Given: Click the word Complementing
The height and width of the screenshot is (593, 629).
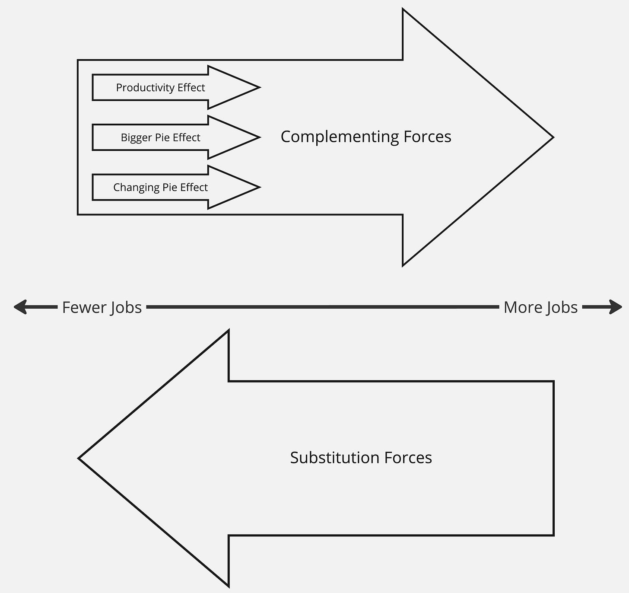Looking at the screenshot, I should coord(340,137).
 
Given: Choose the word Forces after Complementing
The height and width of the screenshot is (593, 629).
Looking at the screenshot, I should coord(427,137).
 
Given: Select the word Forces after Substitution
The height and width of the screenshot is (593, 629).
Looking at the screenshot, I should coord(408,458).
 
